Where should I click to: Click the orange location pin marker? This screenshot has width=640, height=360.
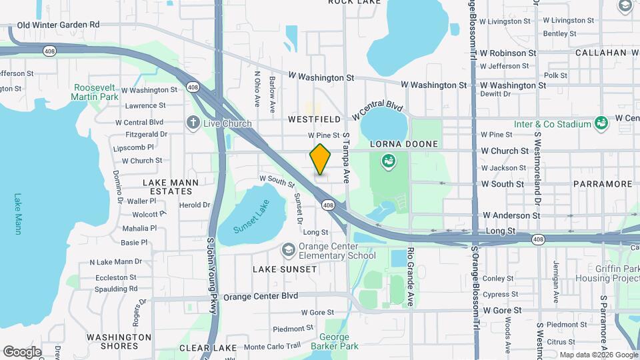321,159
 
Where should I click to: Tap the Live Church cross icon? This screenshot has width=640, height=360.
193,123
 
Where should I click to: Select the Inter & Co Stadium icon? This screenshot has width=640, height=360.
601,123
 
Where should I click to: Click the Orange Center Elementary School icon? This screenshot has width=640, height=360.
288,249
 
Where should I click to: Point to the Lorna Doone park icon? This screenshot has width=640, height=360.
387,161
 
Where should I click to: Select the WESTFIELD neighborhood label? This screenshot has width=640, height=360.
314,119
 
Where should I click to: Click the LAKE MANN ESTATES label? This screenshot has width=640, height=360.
167,186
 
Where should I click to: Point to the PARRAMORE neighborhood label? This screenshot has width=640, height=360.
602,183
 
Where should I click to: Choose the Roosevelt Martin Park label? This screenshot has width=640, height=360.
96,92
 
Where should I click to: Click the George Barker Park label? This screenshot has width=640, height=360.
334,341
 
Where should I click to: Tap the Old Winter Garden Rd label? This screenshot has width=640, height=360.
58,25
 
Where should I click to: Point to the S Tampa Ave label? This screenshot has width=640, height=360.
346,159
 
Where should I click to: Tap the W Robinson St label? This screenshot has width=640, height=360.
508,52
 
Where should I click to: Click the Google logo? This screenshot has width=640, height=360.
21,351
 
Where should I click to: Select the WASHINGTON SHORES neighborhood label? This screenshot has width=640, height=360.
119,341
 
